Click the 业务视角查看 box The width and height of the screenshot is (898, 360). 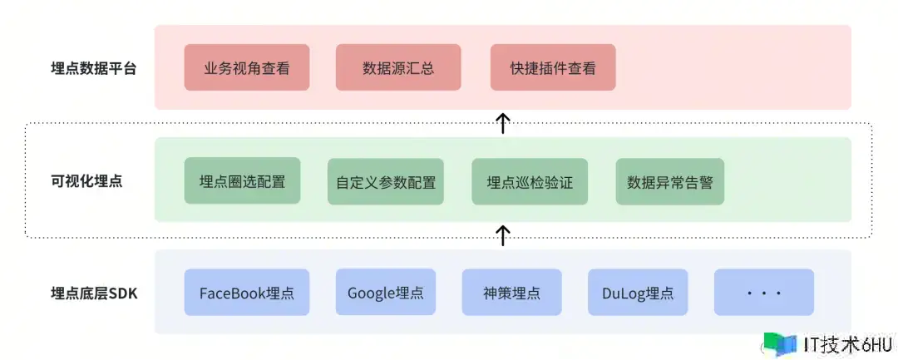247,68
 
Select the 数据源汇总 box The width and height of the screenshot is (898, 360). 398,68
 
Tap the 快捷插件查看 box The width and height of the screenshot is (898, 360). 553,68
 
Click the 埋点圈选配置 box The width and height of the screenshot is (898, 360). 242,181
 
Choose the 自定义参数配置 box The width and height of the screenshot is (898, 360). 386,181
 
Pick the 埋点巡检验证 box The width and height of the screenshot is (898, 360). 530,181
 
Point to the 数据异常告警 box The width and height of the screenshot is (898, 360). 670,181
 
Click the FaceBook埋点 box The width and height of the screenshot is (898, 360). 247,293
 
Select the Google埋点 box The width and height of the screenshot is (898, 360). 386,293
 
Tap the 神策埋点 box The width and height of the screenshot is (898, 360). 511,293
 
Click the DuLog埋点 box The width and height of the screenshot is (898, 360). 638,293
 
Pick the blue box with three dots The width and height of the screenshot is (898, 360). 763,293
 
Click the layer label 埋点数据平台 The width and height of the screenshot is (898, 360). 93,69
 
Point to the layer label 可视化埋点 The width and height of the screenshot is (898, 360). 86,181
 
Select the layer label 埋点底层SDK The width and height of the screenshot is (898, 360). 94,293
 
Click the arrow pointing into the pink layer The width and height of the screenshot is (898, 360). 502,123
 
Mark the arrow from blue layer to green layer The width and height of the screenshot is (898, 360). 502,235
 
